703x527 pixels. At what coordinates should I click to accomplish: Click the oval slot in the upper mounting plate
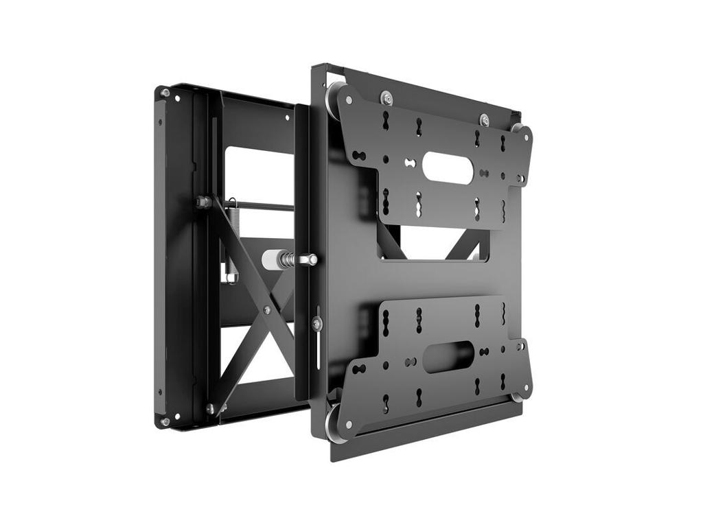pos(447,167)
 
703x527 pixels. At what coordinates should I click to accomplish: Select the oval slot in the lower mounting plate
pos(448,356)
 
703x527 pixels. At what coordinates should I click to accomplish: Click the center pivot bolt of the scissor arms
pos(266,310)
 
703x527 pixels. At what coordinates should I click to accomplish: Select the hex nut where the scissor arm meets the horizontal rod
pos(203,202)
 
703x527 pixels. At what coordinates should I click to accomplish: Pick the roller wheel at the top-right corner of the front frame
pos(516,128)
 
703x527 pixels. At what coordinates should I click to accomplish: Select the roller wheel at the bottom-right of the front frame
pos(518,396)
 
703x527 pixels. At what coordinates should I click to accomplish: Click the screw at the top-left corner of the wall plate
pos(165,93)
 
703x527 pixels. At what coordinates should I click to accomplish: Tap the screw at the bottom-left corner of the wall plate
pos(165,420)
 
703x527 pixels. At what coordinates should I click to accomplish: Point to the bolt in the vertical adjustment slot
pos(316,323)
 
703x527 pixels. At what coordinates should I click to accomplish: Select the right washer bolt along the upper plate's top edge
pos(484,119)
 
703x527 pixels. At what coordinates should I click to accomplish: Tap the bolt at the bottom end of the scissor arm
pos(211,408)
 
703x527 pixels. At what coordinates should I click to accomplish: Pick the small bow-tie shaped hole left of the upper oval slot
pos(410,163)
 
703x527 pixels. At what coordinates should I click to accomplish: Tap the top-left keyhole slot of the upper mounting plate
pos(385,121)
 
